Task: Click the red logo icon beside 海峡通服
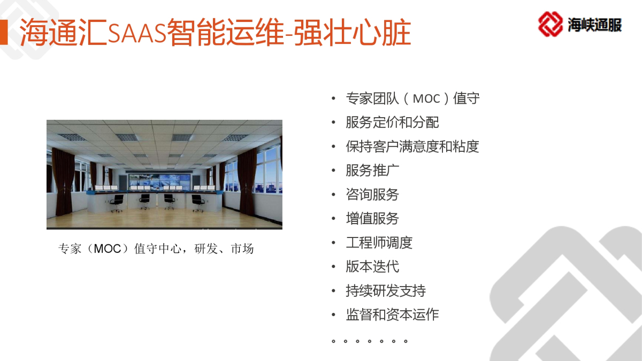click(x=551, y=24)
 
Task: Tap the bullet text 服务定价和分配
click(x=392, y=122)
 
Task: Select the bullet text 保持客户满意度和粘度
click(x=412, y=147)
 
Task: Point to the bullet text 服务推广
click(x=372, y=171)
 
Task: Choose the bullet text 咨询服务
click(x=372, y=195)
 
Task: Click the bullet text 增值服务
click(x=372, y=219)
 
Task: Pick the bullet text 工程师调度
click(x=379, y=243)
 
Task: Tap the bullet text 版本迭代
click(x=372, y=267)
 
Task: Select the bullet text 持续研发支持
click(x=386, y=291)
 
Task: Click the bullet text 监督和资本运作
click(x=392, y=314)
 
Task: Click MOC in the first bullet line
click(x=426, y=99)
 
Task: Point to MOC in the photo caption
click(x=108, y=249)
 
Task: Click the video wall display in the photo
click(x=159, y=181)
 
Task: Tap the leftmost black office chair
click(x=117, y=203)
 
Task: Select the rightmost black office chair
click(x=198, y=203)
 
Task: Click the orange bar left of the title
click(x=4, y=32)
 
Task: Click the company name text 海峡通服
click(x=594, y=25)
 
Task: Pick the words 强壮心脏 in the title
click(x=353, y=32)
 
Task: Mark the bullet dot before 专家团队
click(x=333, y=98)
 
